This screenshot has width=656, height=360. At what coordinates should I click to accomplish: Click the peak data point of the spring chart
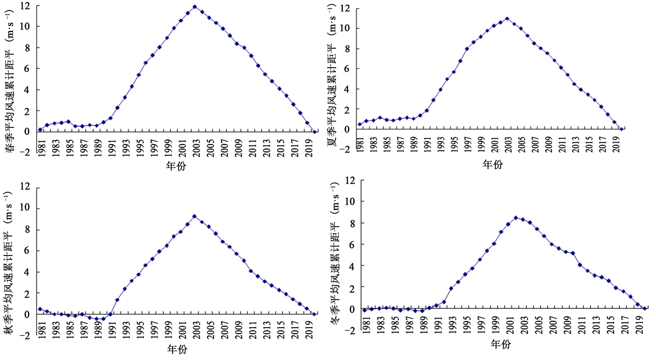195,7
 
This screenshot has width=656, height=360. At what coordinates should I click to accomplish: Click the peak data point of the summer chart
507,19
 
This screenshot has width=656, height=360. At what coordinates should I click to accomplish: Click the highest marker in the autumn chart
194,216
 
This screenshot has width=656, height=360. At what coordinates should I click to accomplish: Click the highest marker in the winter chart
516,217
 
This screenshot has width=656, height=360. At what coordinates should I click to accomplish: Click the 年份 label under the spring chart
176,165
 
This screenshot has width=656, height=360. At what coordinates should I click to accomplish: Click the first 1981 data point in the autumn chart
40,309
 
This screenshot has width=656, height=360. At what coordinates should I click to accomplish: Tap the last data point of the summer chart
622,129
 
